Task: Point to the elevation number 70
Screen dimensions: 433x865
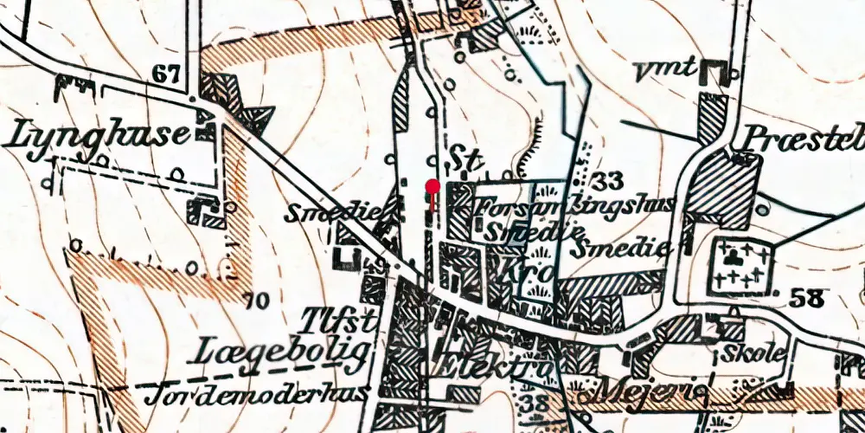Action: pyautogui.click(x=256, y=302)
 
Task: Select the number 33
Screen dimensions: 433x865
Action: pyautogui.click(x=610, y=181)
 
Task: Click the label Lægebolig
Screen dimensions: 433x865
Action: pyautogui.click(x=285, y=352)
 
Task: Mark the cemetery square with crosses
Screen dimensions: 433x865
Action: pyautogui.click(x=741, y=267)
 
